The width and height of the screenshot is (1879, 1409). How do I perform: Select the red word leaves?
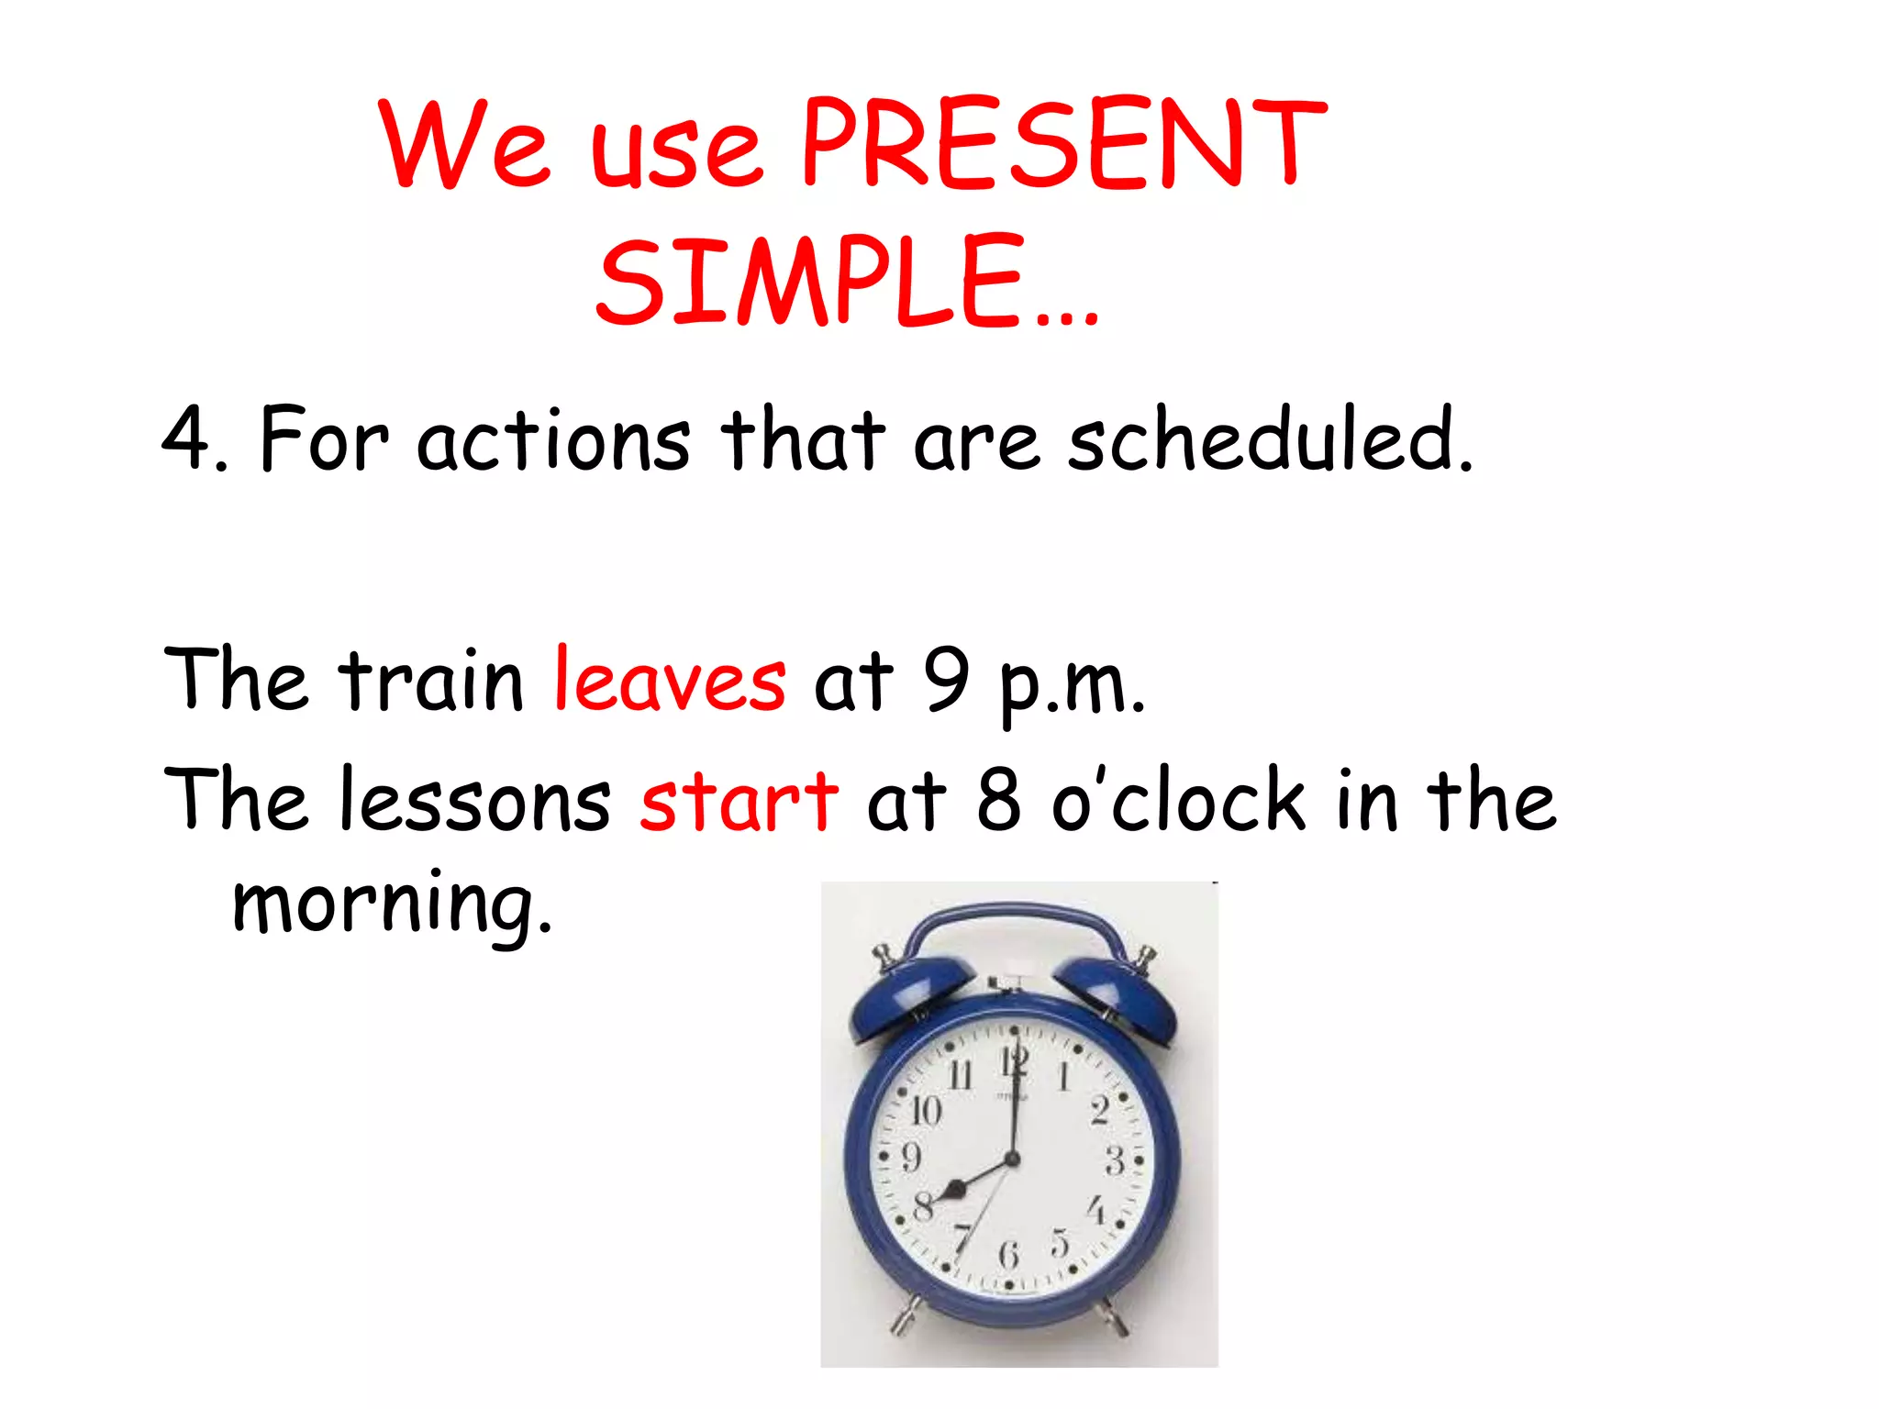[x=670, y=681]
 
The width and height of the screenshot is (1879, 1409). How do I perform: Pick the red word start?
[x=739, y=800]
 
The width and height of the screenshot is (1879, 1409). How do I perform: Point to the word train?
[x=431, y=681]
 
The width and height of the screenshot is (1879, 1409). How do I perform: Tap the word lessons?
[x=474, y=800]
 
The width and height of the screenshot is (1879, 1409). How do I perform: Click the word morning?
[x=393, y=904]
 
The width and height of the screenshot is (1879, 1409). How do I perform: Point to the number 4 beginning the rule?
[x=186, y=440]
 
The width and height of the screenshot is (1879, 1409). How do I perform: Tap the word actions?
[x=553, y=440]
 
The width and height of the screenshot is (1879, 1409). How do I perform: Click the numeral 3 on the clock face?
[x=1114, y=1160]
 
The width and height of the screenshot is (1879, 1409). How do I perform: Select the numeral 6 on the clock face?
[x=1009, y=1254]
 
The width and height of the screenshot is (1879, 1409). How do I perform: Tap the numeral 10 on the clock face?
[x=926, y=1111]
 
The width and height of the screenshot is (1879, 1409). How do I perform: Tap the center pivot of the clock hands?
[x=1013, y=1159]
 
